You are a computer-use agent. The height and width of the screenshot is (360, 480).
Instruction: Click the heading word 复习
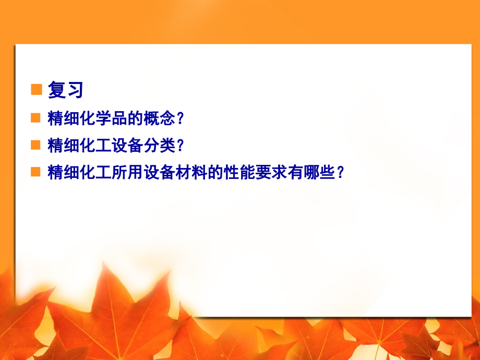[66, 90]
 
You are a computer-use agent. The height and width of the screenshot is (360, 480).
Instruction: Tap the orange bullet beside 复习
[37, 89]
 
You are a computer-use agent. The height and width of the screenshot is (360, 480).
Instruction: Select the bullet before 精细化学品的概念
[35, 118]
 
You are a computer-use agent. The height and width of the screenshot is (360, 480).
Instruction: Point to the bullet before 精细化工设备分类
[35, 145]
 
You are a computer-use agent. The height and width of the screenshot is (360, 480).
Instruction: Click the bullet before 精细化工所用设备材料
[35, 172]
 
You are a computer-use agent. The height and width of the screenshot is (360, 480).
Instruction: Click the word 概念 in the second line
[159, 118]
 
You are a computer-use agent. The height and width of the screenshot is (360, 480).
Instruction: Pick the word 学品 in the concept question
[112, 118]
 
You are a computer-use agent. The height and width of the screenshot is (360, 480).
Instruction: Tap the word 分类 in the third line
[159, 145]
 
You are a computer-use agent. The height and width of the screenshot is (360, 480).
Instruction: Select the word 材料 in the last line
[191, 172]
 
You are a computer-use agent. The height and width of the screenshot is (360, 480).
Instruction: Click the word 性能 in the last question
[239, 172]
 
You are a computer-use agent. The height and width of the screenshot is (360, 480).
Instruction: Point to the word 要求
[271, 172]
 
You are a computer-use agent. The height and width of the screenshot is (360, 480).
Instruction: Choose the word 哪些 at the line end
[318, 172]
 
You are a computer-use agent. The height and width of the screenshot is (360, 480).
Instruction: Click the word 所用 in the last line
[127, 172]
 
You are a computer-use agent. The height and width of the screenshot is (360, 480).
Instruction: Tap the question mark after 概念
[180, 118]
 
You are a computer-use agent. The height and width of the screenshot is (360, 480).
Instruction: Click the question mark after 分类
[180, 145]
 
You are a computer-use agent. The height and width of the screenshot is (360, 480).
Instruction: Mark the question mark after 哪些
[340, 172]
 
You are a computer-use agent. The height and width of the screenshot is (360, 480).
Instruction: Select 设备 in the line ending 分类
[127, 145]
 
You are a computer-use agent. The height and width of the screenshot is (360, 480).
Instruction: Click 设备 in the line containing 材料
[159, 172]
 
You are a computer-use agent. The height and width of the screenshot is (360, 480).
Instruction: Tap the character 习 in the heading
[75, 90]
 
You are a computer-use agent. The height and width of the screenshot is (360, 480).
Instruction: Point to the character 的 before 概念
[135, 118]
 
